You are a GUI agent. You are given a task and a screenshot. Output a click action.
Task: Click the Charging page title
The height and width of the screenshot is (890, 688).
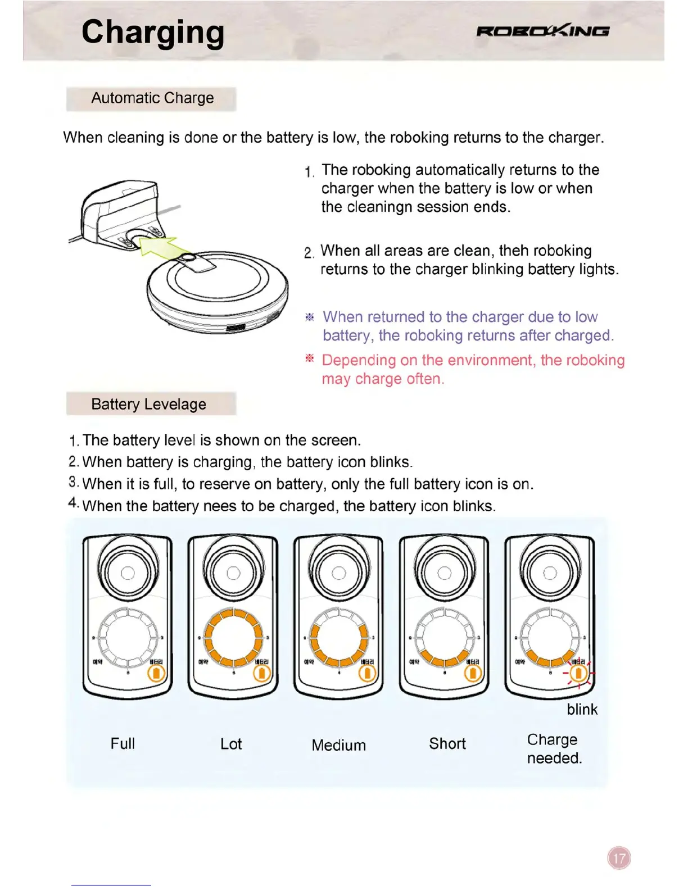152,32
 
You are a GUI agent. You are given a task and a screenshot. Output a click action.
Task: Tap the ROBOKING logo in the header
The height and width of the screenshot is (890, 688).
542,31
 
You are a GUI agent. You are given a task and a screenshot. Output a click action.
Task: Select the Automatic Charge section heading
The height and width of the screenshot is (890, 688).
152,98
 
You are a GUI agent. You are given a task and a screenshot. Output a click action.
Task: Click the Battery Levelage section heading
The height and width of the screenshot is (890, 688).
148,404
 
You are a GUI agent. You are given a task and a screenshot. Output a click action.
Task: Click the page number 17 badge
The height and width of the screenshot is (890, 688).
619,858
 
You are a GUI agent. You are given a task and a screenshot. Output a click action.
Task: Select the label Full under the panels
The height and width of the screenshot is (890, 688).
123,743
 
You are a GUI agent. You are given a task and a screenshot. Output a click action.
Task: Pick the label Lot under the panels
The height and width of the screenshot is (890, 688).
230,744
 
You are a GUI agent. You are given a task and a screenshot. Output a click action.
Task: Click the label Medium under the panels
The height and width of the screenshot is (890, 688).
338,745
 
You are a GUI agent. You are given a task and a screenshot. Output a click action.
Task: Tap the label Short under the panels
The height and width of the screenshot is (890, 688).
447,743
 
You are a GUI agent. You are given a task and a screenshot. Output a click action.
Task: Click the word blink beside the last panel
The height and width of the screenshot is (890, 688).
582,709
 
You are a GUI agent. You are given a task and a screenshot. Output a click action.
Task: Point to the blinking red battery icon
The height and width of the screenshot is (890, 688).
578,673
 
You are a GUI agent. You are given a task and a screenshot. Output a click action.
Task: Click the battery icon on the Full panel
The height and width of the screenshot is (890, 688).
157,673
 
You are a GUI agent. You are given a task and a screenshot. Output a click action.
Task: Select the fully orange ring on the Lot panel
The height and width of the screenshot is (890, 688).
233,637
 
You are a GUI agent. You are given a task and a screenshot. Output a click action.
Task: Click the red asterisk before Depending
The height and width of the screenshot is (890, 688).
309,358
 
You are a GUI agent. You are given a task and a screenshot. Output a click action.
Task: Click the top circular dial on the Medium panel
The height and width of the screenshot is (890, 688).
339,572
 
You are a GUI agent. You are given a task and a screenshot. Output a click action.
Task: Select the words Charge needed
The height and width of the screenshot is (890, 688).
554,748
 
